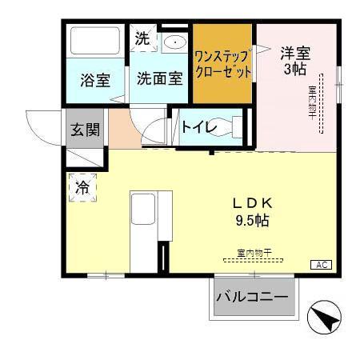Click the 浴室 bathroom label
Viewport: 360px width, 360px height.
coord(95,81)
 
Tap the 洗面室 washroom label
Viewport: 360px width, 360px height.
coord(159,78)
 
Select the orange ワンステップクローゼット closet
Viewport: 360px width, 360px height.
coord(223,64)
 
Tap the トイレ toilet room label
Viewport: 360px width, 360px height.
coord(196,126)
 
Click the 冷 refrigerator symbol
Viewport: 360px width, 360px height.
coord(82,189)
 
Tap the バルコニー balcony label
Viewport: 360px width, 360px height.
coord(251,298)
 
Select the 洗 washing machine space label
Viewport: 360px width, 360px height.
coord(142,37)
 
